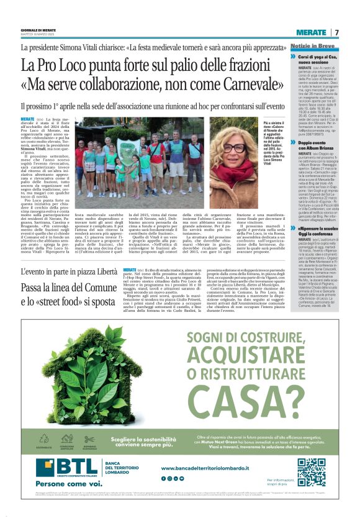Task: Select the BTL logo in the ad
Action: tap(62, 466)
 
